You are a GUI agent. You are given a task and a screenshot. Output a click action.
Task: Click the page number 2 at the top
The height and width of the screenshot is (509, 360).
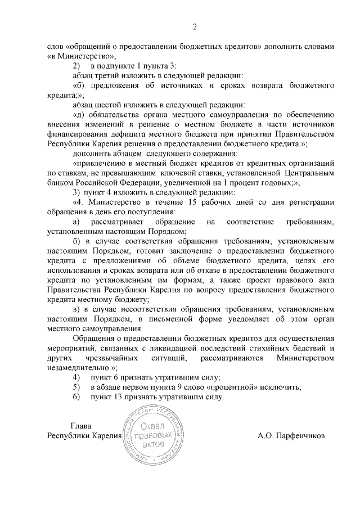point(195,26)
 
